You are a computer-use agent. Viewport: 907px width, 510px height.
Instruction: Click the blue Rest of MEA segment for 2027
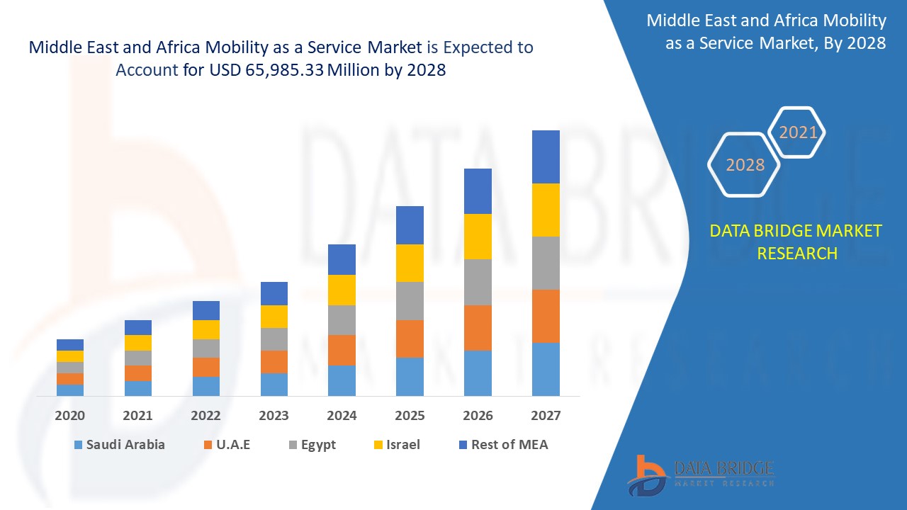(546, 157)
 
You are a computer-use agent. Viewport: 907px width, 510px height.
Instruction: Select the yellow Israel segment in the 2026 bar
(478, 237)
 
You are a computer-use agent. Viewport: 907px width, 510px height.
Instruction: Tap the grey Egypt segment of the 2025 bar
(410, 301)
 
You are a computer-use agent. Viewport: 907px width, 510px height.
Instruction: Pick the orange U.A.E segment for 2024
(342, 350)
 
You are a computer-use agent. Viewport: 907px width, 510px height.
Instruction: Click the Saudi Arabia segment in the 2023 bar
(274, 384)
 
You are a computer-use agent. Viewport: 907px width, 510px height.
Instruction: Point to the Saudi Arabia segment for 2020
(70, 390)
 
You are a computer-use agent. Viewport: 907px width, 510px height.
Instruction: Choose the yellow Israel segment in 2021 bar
(138, 343)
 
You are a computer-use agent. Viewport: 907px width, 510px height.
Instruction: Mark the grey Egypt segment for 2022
(206, 348)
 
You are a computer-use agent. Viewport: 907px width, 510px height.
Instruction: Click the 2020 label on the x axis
(70, 416)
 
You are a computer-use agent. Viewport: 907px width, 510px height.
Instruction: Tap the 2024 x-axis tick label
(342, 416)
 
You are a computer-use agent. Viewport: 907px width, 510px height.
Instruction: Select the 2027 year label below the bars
(546, 416)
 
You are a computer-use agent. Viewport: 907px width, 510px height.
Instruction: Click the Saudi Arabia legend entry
(119, 445)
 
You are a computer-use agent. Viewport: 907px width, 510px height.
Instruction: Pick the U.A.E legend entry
(227, 445)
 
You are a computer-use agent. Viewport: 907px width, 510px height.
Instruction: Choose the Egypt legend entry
(311, 445)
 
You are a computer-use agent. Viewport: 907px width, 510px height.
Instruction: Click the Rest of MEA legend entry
(503, 445)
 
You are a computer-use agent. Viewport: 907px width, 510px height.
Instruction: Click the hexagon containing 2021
(798, 132)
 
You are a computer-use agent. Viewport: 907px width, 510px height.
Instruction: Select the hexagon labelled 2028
(745, 165)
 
